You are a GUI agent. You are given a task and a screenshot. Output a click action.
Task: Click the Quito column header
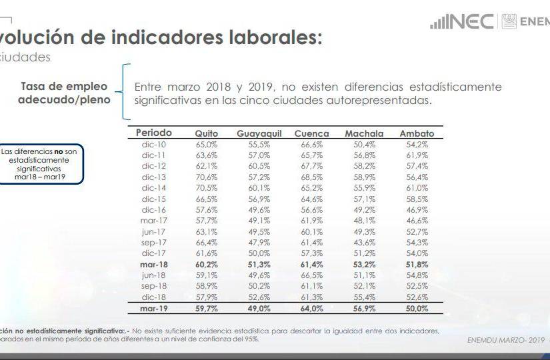pos(206,133)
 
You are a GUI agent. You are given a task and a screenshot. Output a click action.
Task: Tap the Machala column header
pos(364,133)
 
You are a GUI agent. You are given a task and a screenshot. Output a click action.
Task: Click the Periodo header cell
pos(153,133)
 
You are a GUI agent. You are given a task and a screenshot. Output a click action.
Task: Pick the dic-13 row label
pos(153,177)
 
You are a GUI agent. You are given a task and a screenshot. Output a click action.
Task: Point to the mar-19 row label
pos(153,309)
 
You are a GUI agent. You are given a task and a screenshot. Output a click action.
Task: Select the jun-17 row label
pos(153,231)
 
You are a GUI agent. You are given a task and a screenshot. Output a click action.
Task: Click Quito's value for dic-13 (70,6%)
pos(206,177)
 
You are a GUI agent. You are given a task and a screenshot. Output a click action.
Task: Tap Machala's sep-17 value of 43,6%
pos(364,243)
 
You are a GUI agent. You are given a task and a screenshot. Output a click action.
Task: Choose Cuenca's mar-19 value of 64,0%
pos(311,309)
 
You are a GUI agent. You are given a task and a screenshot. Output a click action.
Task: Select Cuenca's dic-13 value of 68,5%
pos(311,177)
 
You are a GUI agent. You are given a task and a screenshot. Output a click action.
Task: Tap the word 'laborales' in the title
pos(268,38)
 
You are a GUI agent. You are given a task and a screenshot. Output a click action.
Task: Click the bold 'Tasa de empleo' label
pos(64,86)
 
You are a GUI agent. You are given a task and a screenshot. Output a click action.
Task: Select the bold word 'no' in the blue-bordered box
pos(58,152)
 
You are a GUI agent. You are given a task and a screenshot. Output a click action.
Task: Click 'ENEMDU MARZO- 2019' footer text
pos(504,339)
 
